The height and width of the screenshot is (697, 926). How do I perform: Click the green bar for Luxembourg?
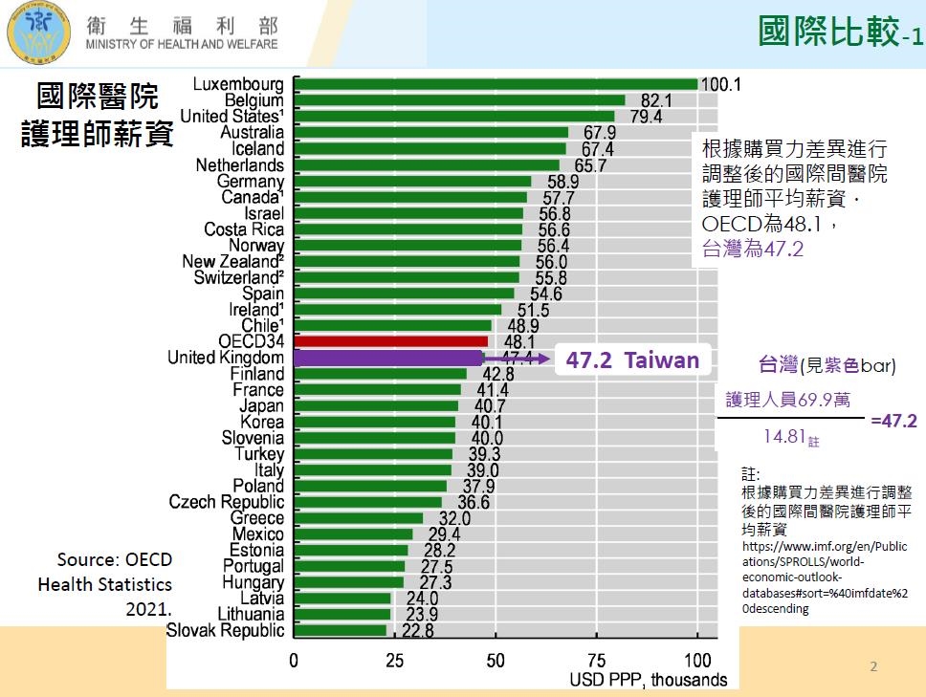click(496, 84)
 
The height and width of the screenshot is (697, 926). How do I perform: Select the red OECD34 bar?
click(390, 341)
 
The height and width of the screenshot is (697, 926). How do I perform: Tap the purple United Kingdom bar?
click(388, 358)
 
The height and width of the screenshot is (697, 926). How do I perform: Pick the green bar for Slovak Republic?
click(340, 630)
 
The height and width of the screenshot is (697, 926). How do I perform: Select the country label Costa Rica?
click(244, 229)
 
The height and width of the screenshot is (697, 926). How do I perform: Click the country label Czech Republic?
click(227, 502)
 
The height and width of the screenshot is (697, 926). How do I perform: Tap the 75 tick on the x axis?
click(597, 661)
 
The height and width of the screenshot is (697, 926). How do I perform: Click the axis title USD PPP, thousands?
click(648, 680)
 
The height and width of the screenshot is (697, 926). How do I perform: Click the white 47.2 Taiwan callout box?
click(631, 360)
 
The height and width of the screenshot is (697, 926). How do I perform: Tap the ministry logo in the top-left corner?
click(39, 34)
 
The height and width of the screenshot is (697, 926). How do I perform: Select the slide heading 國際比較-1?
click(840, 32)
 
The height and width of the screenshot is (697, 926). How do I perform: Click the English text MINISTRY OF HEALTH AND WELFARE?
click(182, 44)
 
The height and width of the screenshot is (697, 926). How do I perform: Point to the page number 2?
click(872, 665)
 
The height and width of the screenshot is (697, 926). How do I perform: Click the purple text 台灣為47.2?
click(753, 250)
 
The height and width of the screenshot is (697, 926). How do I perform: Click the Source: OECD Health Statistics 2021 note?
click(105, 583)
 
